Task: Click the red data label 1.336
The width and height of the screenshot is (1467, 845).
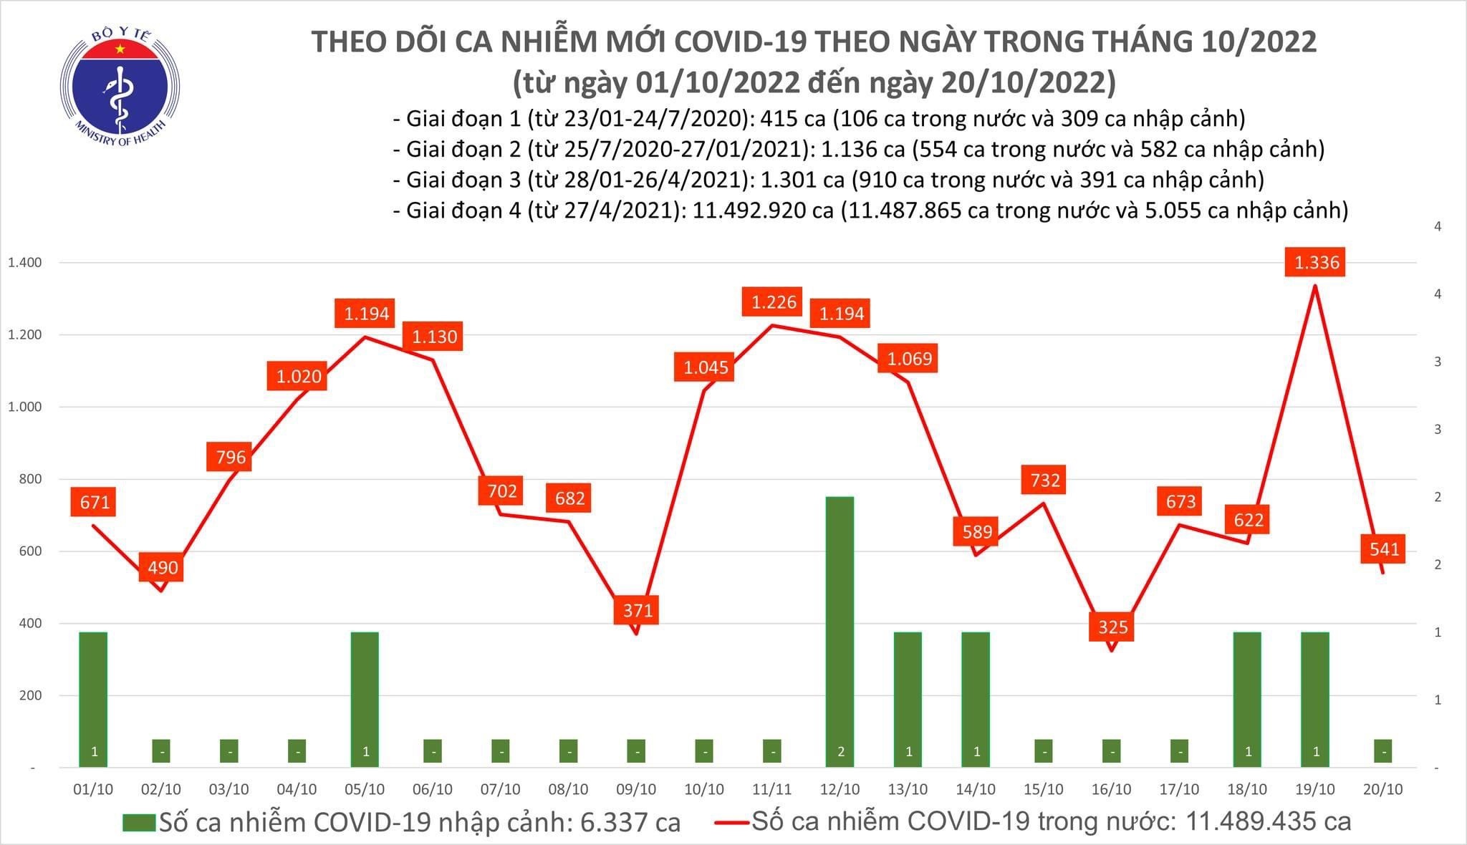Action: tap(1317, 262)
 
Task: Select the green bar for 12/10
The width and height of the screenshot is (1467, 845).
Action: tap(840, 630)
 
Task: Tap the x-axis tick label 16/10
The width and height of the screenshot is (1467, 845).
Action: tap(1111, 789)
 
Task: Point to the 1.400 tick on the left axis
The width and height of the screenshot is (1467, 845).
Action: tap(25, 263)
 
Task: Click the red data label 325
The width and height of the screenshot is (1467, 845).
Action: tap(1112, 627)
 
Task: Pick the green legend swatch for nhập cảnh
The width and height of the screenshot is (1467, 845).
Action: tap(138, 822)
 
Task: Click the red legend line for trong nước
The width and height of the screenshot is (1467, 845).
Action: tap(731, 822)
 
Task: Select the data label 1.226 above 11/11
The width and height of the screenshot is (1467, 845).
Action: tap(774, 302)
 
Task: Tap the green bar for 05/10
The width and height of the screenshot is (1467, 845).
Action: tap(365, 698)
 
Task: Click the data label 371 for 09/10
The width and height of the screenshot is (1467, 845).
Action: tap(638, 610)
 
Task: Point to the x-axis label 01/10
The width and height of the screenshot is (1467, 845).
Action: tap(93, 789)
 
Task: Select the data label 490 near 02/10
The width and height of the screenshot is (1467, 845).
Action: tap(163, 568)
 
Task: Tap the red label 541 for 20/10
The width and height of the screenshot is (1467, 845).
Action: tap(1384, 549)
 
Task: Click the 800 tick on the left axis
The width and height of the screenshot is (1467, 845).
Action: tap(32, 479)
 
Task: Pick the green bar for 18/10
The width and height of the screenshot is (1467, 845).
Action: tap(1247, 698)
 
